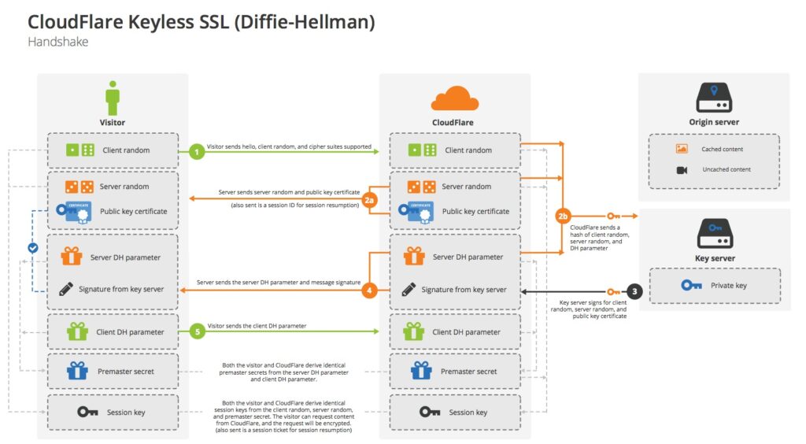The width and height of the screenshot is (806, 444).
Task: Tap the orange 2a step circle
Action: [x=370, y=202]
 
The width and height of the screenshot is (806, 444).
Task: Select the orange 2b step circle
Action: [x=562, y=216]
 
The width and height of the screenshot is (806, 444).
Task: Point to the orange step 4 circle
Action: [x=370, y=290]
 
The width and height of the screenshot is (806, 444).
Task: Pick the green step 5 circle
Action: [x=197, y=332]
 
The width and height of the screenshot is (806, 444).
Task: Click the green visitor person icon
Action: [x=113, y=98]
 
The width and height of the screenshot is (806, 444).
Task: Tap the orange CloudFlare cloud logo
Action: [x=454, y=99]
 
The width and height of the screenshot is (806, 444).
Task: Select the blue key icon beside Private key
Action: [x=693, y=286]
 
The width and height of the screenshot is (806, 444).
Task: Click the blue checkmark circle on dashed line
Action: [x=33, y=248]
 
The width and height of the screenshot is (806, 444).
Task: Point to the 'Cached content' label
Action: [x=722, y=149]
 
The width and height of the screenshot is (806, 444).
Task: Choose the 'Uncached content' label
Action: [x=725, y=169]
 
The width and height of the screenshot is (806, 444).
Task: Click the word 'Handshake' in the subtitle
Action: [x=57, y=42]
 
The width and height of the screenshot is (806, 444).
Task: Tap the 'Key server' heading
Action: [x=714, y=257]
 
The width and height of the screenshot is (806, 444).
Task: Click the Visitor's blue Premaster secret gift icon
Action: [x=76, y=370]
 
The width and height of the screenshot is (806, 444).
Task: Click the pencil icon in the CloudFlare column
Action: [x=409, y=289]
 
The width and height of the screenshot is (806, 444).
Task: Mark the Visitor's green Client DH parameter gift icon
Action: [x=76, y=331]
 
